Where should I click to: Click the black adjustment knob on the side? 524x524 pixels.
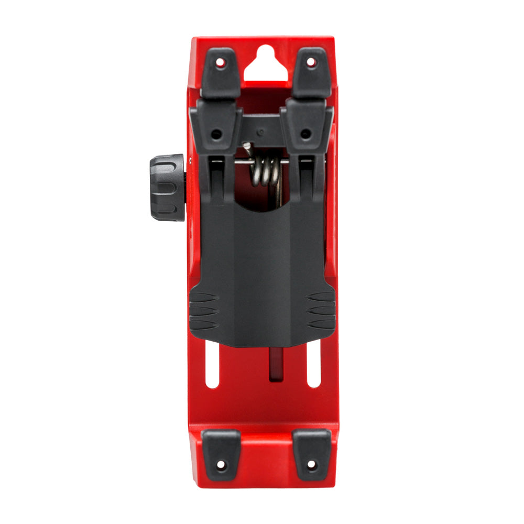pos(167,187)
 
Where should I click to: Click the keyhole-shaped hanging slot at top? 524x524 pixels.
pos(266,67)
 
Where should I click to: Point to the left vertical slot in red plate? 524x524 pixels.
pos(212,364)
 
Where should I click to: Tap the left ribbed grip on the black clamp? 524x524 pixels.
pos(203,311)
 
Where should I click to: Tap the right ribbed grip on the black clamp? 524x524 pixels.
pos(321,311)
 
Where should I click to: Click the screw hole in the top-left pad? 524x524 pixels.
pos(221,62)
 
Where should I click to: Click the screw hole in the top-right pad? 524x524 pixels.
pos(311,62)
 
